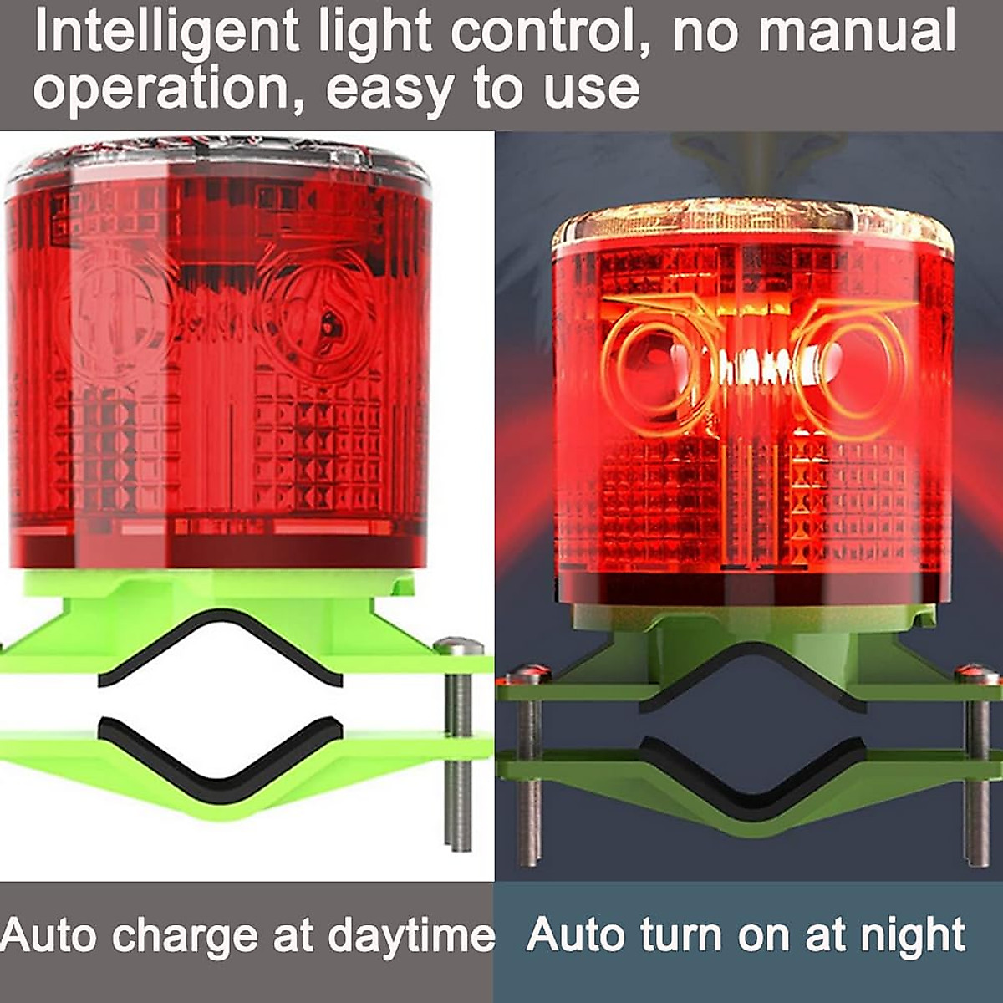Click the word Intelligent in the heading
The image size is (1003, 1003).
(x=165, y=32)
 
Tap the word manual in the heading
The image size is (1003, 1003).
(x=857, y=32)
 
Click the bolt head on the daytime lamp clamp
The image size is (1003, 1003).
(x=459, y=646)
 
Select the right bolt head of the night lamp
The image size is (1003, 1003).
(x=977, y=672)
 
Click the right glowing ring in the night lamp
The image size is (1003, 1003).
(x=853, y=363)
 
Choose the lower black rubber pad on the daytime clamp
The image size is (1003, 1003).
(x=221, y=756)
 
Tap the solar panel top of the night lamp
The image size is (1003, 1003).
(x=752, y=221)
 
